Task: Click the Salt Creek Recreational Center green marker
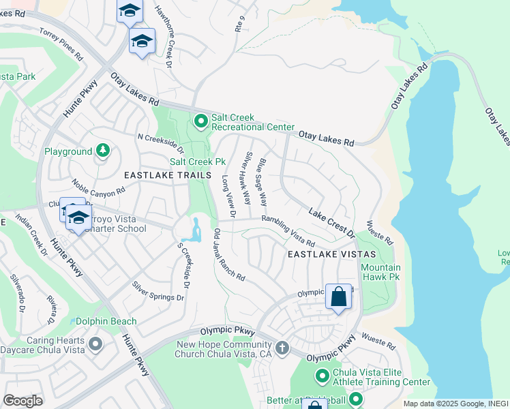pyautogui.click(x=200, y=121)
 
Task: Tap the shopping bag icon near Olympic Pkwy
pyautogui.click(x=338, y=297)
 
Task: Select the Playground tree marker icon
pyautogui.click(x=102, y=151)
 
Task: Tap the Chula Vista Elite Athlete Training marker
pyautogui.click(x=322, y=376)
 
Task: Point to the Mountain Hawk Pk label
pyautogui.click(x=380, y=272)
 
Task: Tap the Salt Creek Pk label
pyautogui.click(x=197, y=162)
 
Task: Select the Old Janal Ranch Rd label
pyautogui.click(x=229, y=255)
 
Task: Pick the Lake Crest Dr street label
pyautogui.click(x=332, y=224)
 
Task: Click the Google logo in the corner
pyautogui.click(x=22, y=400)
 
